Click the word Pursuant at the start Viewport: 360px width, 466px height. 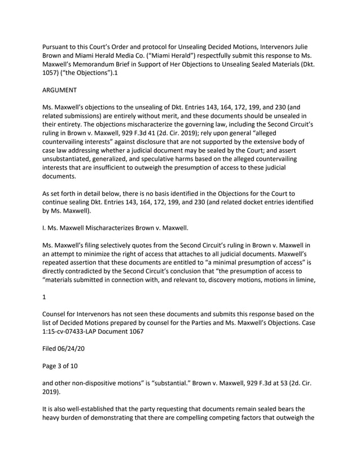pos(60,46)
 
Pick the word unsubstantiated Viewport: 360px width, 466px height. pos(72,173)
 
